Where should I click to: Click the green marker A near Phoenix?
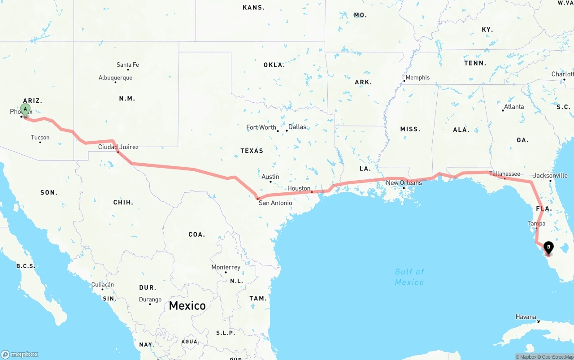tap(26, 109)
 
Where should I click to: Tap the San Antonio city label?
tap(275, 203)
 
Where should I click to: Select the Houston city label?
tap(299, 188)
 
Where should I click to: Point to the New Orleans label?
tap(404, 182)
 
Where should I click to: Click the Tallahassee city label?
tap(504, 173)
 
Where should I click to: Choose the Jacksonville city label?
tap(550, 175)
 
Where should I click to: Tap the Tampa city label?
tap(536, 223)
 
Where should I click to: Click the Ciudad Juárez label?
tap(118, 147)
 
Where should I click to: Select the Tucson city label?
tap(40, 138)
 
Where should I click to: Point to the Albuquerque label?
tap(115, 78)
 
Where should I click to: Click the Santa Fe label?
tap(128, 65)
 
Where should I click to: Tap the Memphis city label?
tap(417, 78)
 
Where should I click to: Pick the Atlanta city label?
tap(513, 107)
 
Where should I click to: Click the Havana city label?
tap(526, 317)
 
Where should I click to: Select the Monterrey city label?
tap(226, 267)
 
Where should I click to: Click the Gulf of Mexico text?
tap(409, 277)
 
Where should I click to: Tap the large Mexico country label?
tap(187, 306)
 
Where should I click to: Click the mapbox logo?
tap(20, 354)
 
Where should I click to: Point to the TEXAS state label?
tap(252, 151)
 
